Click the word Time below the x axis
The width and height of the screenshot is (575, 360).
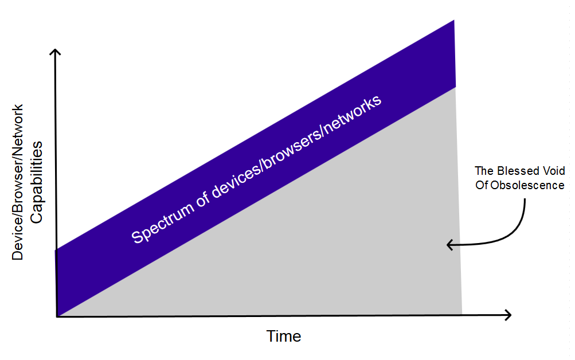coord(283,336)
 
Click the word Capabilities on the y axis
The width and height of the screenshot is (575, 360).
coord(36,182)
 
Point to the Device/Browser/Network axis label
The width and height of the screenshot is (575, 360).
coord(17,182)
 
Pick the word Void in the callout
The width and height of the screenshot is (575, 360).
coord(554,171)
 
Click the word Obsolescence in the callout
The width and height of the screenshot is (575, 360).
coord(527,185)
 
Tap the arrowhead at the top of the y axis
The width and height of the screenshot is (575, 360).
coord(55,52)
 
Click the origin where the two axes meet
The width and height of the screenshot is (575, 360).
coord(57,316)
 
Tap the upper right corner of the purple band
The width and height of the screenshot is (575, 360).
coord(454,20)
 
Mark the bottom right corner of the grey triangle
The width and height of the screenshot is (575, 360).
coord(462,314)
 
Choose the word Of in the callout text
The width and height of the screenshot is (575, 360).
coord(482,185)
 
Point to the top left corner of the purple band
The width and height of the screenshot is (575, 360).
coord(55,250)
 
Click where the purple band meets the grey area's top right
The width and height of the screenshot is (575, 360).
coord(455,87)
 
